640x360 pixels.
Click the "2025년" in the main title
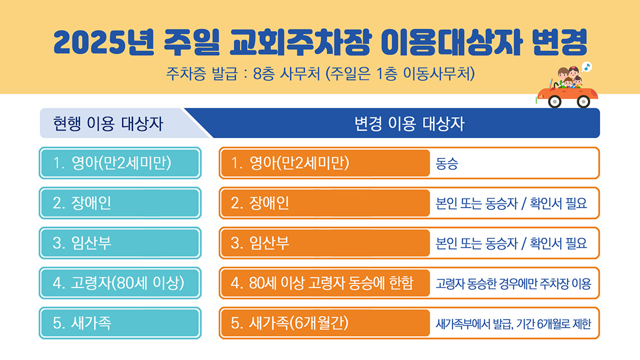point(104,42)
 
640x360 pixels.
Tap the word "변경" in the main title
point(560,42)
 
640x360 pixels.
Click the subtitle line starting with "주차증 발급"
point(321,74)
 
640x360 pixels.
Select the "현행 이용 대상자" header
point(108,123)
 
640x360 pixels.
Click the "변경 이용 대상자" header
point(409,123)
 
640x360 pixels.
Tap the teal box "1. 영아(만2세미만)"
point(120,163)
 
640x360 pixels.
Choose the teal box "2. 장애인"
point(120,203)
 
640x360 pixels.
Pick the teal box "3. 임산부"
point(120,243)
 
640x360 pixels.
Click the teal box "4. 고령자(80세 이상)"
point(120,283)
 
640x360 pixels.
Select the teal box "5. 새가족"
point(120,323)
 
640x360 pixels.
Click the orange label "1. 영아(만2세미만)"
point(325,163)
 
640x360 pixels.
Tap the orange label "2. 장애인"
point(325,203)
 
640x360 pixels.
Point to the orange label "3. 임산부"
point(325,243)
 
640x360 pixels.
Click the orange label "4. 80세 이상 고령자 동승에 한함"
point(325,283)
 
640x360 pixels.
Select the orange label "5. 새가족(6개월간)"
point(325,323)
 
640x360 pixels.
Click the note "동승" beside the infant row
point(447,164)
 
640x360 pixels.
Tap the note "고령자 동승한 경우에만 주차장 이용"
point(514,284)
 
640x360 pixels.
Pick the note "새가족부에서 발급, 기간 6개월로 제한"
point(514,324)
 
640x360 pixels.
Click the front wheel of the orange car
point(554,101)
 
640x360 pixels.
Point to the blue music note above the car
point(587,67)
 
